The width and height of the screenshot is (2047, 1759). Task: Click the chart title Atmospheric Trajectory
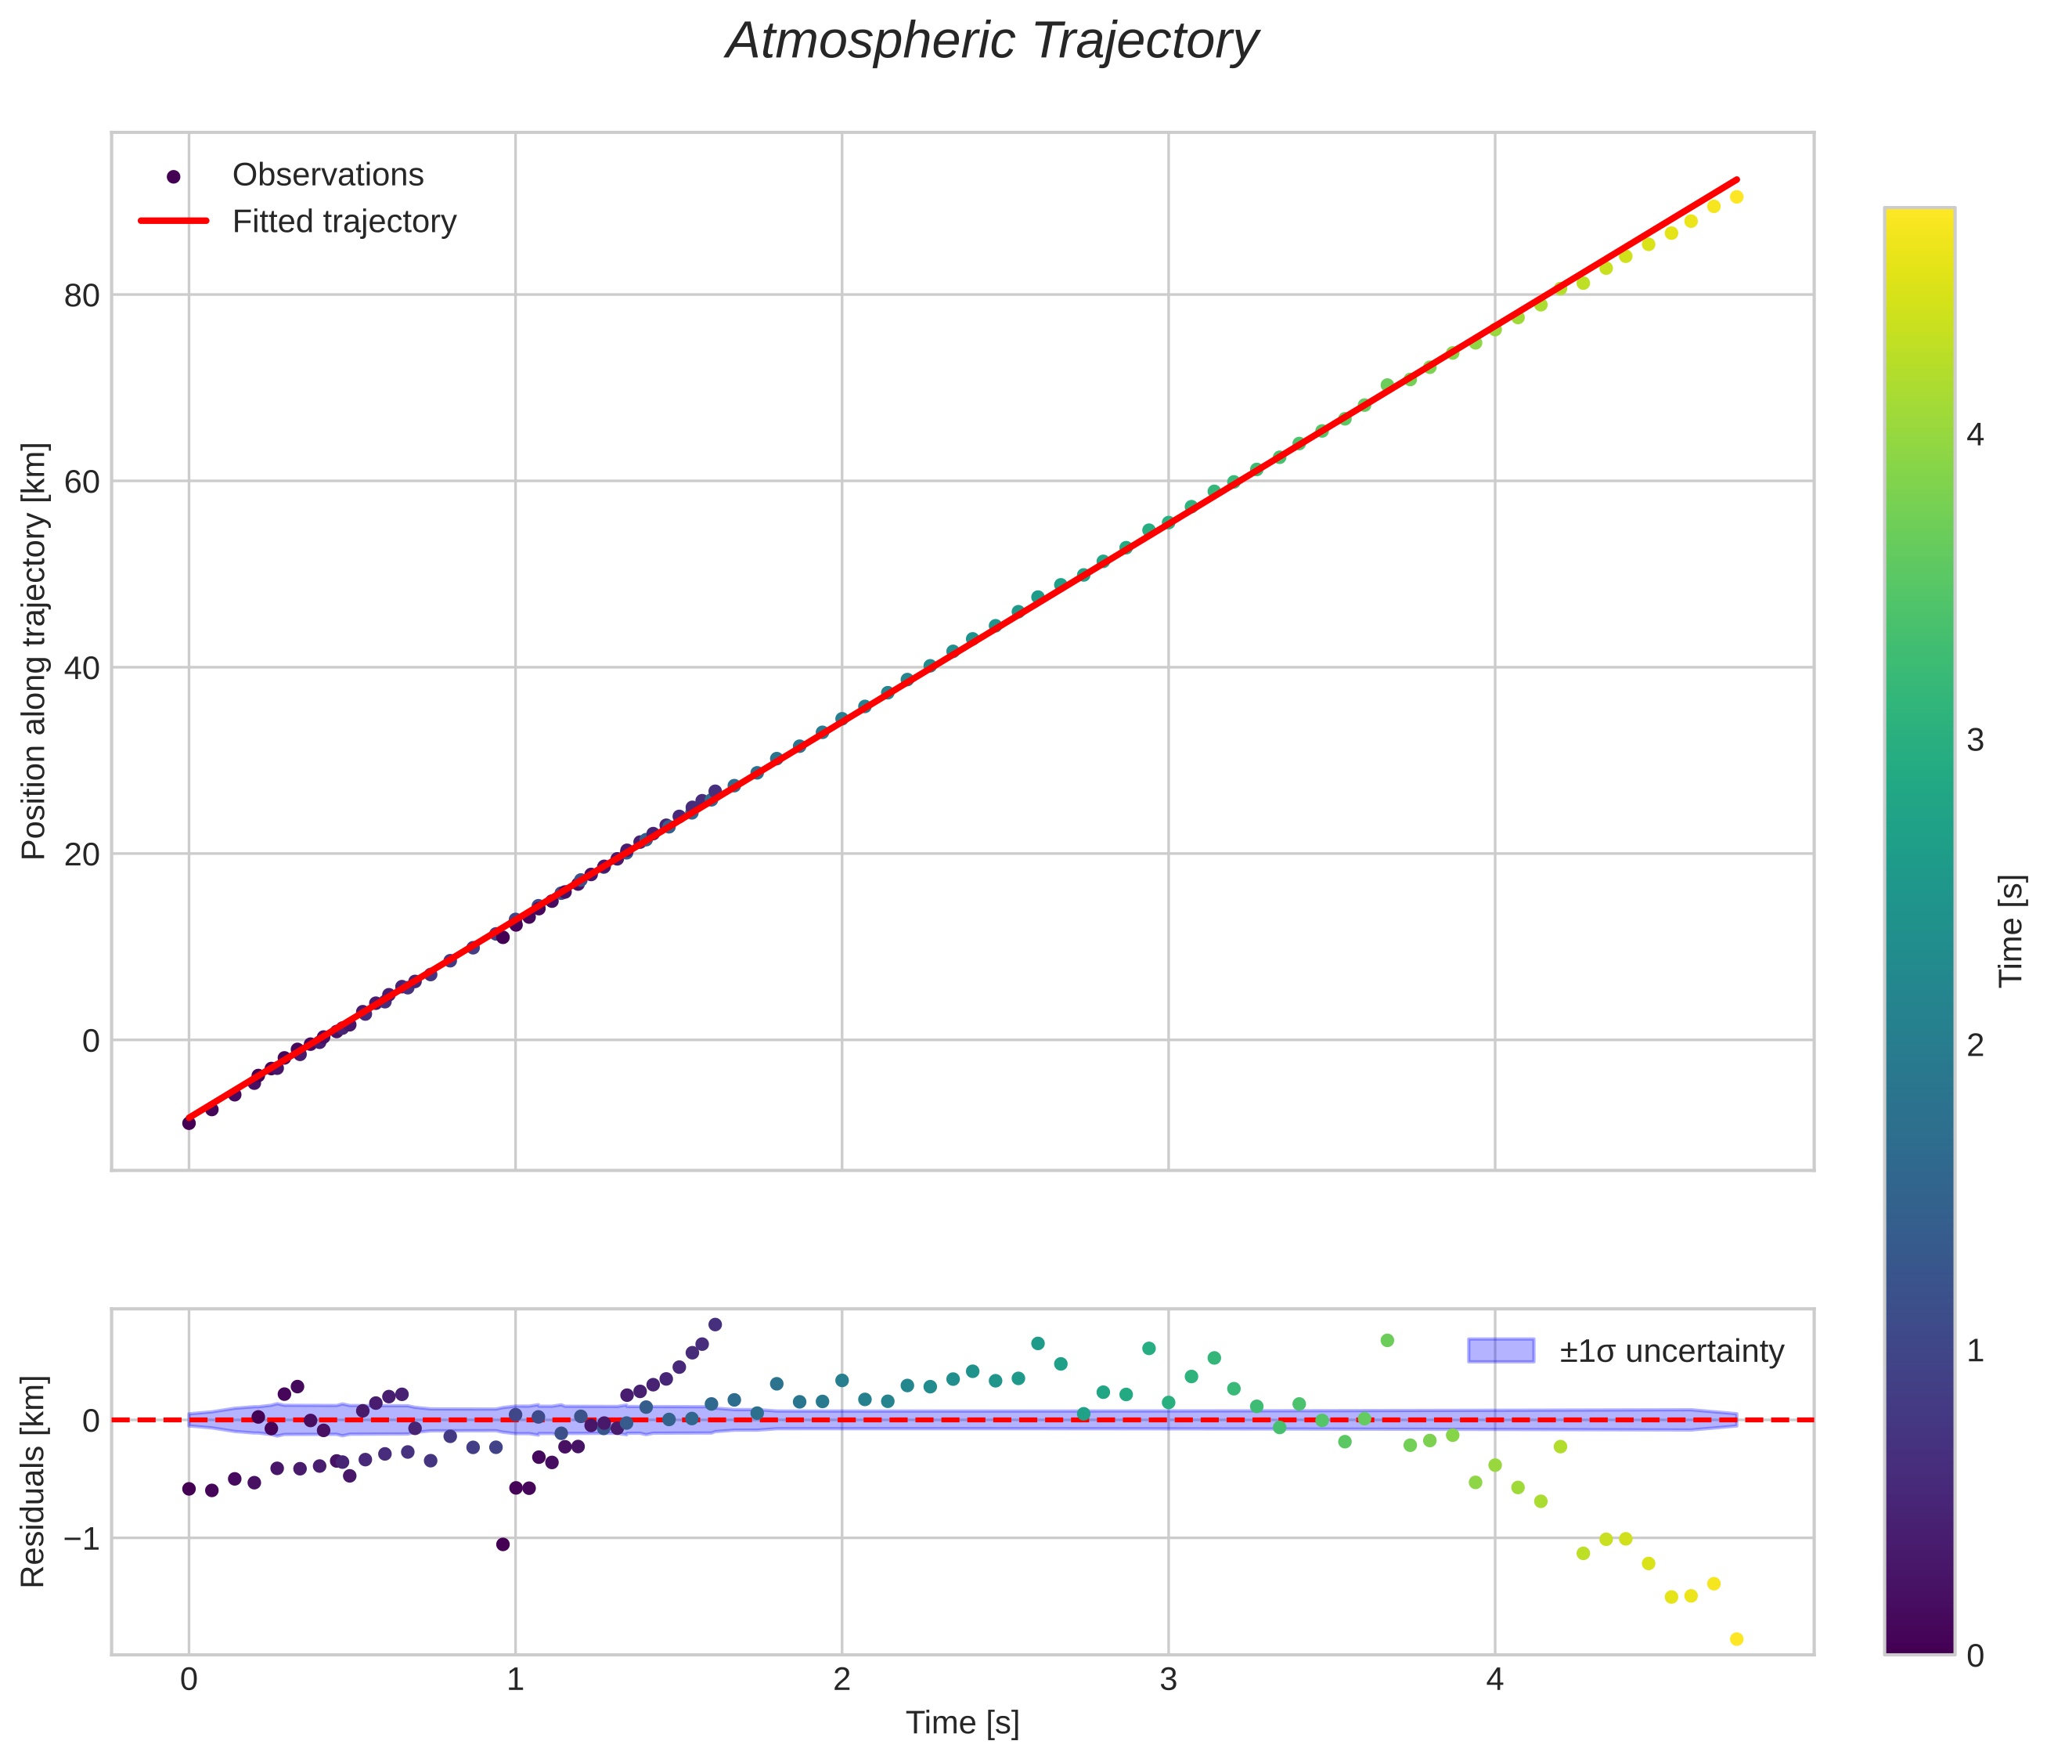tap(991, 42)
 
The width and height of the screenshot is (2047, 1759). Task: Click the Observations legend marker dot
tap(174, 177)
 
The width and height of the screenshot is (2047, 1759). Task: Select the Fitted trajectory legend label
tap(344, 222)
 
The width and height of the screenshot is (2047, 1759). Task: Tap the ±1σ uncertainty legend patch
tap(1501, 1350)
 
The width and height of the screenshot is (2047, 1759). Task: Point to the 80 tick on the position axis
tap(82, 294)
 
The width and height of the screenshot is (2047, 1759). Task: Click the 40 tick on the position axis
tap(82, 668)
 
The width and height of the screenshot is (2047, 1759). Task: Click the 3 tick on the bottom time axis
tap(1168, 1680)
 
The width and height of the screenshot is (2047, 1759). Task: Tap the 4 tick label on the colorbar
tap(1975, 435)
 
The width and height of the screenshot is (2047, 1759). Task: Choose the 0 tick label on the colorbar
tap(1975, 1656)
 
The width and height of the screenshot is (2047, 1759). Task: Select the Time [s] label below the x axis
tap(962, 1722)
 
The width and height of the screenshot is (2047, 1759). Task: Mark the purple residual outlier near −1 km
tap(503, 1544)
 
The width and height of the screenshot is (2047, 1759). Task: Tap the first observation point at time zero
tap(189, 1122)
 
